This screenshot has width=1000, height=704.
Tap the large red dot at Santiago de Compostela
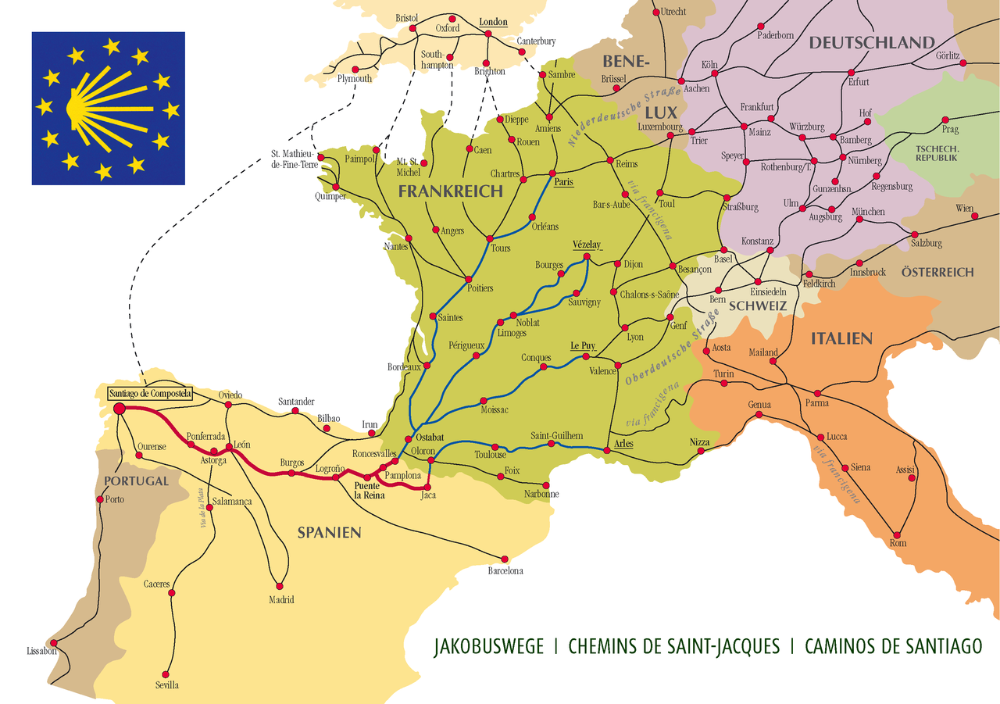click(120, 408)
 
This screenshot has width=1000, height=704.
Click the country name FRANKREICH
click(450, 191)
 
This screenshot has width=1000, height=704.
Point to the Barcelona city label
click(505, 571)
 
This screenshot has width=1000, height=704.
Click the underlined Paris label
click(563, 182)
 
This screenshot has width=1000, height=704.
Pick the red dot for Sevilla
click(166, 673)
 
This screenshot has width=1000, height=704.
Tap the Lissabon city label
click(42, 651)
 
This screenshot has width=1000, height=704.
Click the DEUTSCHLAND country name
click(871, 43)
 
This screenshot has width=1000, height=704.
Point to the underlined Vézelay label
click(587, 244)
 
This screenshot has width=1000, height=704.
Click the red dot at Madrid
click(279, 586)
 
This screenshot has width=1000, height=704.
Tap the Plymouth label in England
click(355, 79)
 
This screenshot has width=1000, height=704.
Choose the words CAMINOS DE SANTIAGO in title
click(893, 647)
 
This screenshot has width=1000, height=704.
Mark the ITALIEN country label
click(841, 338)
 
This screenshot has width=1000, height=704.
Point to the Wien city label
click(965, 209)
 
